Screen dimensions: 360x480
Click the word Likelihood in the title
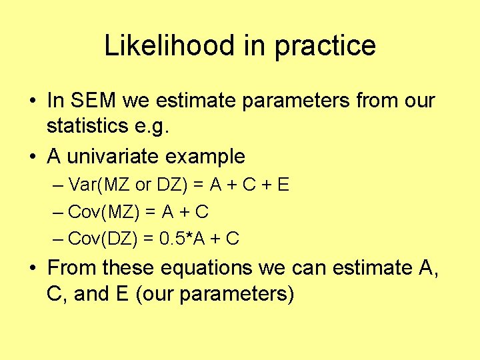[x=169, y=46]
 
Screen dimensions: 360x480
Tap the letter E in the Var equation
[x=283, y=185]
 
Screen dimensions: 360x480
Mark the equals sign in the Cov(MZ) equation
[x=151, y=212]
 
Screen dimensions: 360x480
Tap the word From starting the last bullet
[x=72, y=268]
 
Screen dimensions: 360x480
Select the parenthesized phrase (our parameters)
[x=214, y=294]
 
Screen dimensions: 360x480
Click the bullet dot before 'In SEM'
[x=32, y=101]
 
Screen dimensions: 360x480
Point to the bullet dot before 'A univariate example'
[x=32, y=157]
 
